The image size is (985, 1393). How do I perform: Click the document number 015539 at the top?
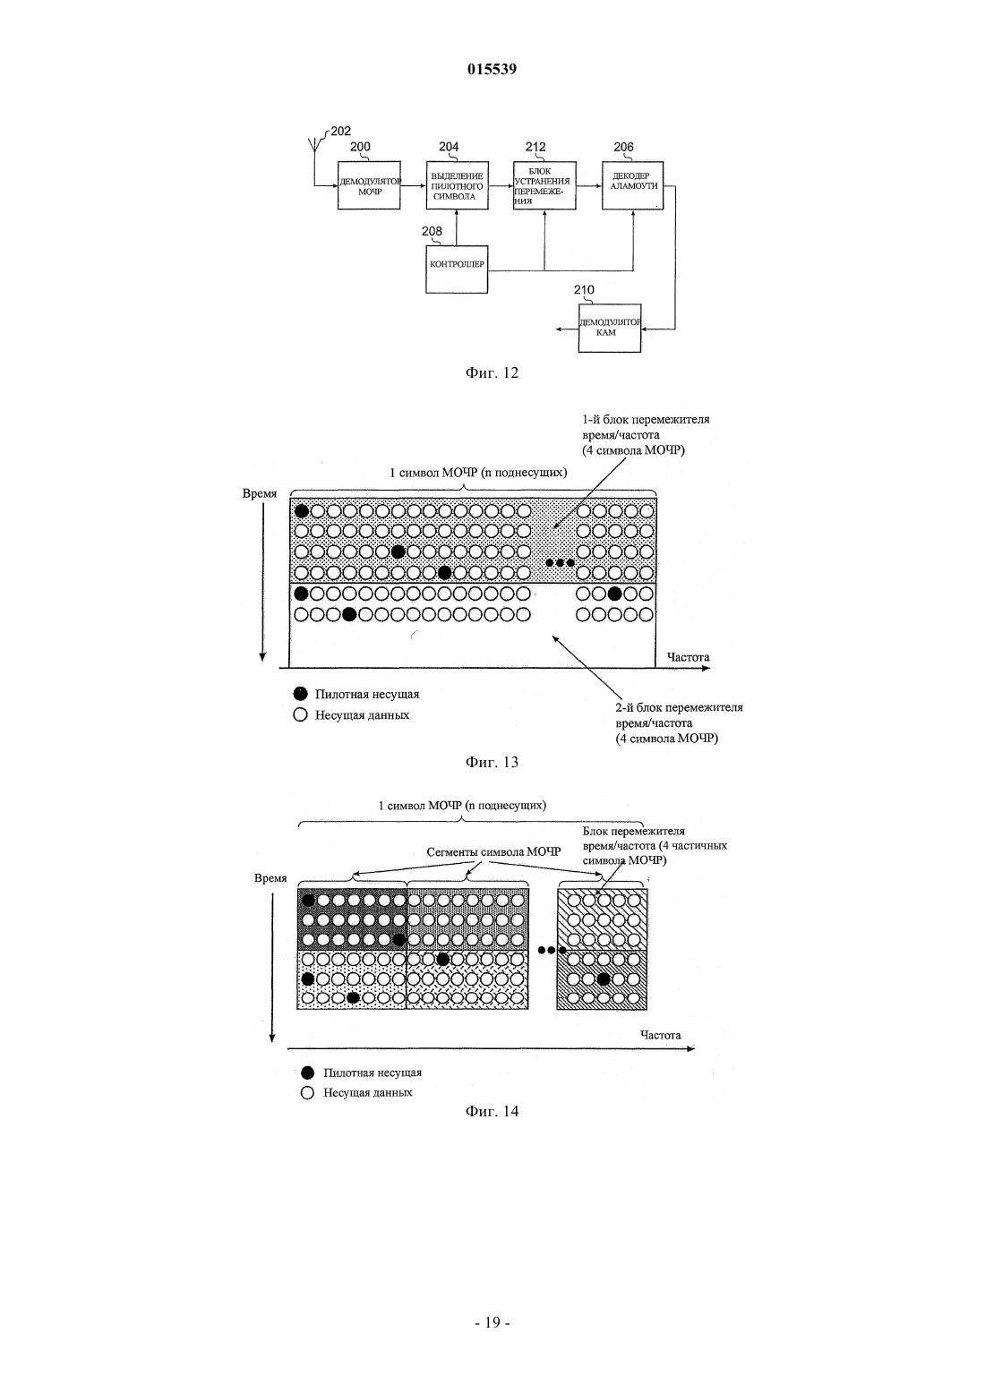(x=492, y=69)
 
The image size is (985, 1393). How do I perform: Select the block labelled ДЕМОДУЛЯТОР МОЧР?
(x=369, y=185)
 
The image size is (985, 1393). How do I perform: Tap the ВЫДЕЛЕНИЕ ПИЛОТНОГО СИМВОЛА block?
(x=457, y=185)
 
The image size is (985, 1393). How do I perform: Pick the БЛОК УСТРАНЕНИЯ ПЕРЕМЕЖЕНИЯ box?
(x=544, y=185)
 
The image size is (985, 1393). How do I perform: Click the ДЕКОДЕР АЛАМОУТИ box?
(x=632, y=185)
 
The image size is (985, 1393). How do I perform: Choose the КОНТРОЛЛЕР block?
(x=457, y=269)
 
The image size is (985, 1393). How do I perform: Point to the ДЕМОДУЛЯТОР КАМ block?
(x=610, y=329)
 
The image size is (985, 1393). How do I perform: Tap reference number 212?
(x=535, y=147)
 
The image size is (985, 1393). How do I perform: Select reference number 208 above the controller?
(x=432, y=231)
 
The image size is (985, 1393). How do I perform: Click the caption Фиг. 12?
(x=492, y=372)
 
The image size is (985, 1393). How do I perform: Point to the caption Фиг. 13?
(x=492, y=763)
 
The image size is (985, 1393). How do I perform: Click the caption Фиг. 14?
(x=492, y=1111)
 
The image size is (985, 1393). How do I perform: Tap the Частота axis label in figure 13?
(x=688, y=657)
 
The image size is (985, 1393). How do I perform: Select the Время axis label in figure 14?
(x=270, y=878)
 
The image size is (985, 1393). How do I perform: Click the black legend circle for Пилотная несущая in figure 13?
(x=300, y=694)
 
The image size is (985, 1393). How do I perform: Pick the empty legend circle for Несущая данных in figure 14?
(x=307, y=1092)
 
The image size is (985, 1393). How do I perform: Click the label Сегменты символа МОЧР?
(x=493, y=852)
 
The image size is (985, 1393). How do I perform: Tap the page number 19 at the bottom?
(x=492, y=1322)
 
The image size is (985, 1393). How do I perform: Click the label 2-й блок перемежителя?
(x=679, y=708)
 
